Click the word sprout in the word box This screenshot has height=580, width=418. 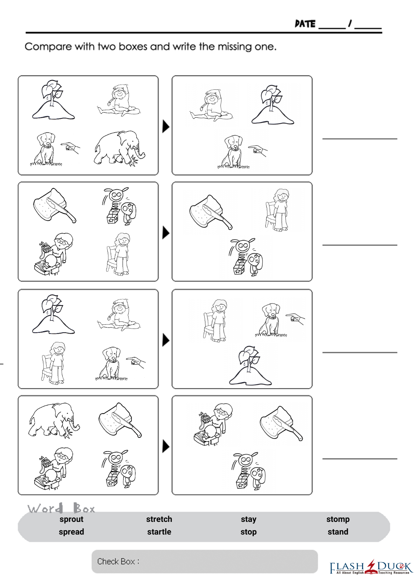(x=72, y=520)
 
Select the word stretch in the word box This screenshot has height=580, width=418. (x=159, y=519)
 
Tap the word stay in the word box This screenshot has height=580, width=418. (x=248, y=520)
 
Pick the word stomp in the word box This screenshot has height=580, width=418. (x=338, y=520)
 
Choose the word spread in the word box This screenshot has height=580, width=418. (x=72, y=532)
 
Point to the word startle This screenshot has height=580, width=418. (x=159, y=532)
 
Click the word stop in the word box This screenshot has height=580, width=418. (x=248, y=532)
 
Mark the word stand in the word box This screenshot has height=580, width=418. (x=338, y=532)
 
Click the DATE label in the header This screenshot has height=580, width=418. (x=305, y=24)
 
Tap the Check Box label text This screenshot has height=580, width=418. (x=118, y=562)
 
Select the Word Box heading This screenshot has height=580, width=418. (x=61, y=508)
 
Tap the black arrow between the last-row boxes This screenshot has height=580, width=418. (x=166, y=447)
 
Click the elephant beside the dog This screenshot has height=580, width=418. (x=119, y=148)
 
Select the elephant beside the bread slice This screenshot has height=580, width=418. (x=54, y=420)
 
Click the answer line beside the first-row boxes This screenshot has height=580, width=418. (x=360, y=139)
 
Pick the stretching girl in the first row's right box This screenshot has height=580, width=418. (x=211, y=105)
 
